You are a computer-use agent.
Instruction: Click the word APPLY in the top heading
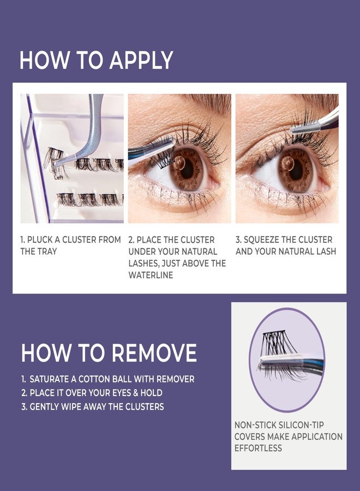[141, 60]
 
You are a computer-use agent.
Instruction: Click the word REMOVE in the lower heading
[153, 354]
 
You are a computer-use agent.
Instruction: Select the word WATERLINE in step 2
[151, 275]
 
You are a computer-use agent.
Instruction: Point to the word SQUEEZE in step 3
[269, 240]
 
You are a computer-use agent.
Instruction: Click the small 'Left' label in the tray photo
[58, 177]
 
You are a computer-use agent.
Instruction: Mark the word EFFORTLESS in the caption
[258, 448]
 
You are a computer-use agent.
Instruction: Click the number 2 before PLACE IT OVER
[23, 393]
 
